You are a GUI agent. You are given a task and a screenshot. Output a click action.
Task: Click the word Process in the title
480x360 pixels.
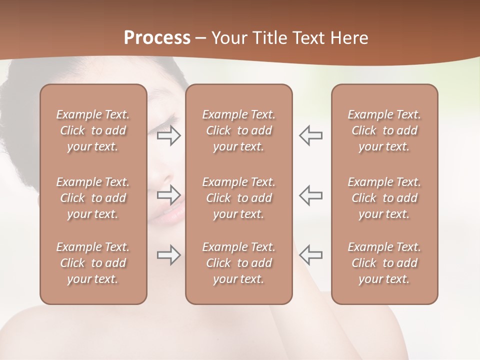click(157, 37)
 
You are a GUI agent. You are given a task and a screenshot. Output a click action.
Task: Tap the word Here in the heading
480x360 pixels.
click(349, 37)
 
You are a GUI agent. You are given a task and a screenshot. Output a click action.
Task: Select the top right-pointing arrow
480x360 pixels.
click(169, 135)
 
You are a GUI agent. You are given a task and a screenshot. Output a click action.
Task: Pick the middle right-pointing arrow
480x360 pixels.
click(169, 194)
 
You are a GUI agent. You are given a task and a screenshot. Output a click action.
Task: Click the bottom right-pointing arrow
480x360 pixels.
click(169, 255)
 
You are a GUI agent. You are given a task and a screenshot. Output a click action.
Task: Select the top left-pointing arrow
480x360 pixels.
click(310, 135)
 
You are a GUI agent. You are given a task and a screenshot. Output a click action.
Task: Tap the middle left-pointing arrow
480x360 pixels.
click(310, 194)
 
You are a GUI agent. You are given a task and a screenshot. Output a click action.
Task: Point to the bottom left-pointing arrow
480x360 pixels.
click(310, 255)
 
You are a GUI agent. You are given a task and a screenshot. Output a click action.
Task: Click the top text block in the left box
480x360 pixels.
click(93, 130)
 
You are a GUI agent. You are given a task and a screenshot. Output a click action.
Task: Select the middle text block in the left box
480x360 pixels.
click(93, 198)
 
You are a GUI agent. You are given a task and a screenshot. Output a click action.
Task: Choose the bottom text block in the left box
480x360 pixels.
click(93, 263)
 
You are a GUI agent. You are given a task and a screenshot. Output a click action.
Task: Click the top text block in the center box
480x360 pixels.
click(238, 130)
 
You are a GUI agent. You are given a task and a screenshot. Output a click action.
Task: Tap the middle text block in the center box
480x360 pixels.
click(238, 198)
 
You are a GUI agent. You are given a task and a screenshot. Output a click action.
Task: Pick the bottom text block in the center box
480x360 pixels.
click(238, 263)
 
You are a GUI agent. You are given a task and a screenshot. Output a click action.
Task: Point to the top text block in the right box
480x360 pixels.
click(384, 130)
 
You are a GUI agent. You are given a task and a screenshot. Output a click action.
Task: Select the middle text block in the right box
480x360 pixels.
click(384, 198)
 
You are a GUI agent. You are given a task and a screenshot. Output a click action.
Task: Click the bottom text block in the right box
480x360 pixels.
click(384, 263)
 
